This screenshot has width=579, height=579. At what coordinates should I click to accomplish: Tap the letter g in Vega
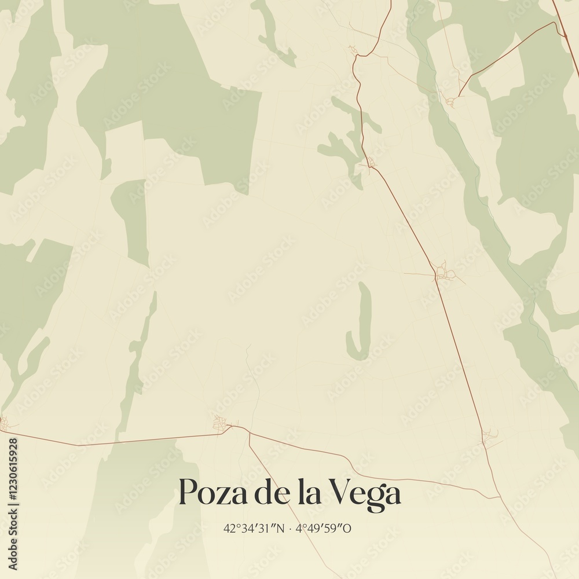375,498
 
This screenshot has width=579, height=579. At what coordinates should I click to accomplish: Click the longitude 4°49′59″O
323,528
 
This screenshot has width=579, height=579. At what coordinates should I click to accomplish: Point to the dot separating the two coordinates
291,528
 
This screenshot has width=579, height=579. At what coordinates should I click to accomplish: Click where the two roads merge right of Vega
498,497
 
